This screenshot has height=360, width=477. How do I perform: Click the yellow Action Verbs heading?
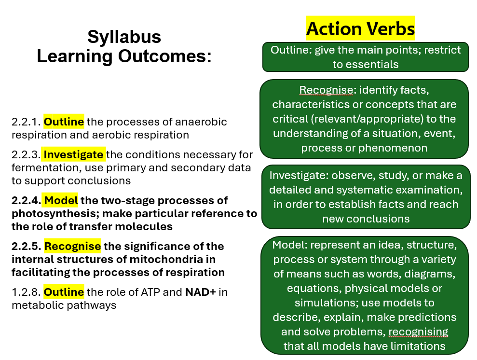(360, 28)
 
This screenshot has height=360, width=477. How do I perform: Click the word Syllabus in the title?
(124, 37)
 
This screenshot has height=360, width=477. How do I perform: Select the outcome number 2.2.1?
(26, 122)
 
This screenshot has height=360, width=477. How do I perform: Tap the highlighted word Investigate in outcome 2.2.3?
(73, 154)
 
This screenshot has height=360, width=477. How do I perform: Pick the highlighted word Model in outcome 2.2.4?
(61, 201)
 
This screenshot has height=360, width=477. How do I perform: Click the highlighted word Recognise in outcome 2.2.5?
(72, 246)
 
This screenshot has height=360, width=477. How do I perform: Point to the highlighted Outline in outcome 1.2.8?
(64, 292)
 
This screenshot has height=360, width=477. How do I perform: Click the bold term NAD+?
(201, 292)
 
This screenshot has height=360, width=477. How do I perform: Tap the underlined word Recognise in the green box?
(326, 90)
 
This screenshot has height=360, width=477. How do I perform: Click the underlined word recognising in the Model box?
(418, 332)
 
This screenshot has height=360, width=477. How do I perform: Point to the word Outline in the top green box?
(289, 50)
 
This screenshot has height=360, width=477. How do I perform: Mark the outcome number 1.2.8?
(26, 292)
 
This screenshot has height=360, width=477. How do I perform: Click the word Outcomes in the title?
(164, 56)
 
